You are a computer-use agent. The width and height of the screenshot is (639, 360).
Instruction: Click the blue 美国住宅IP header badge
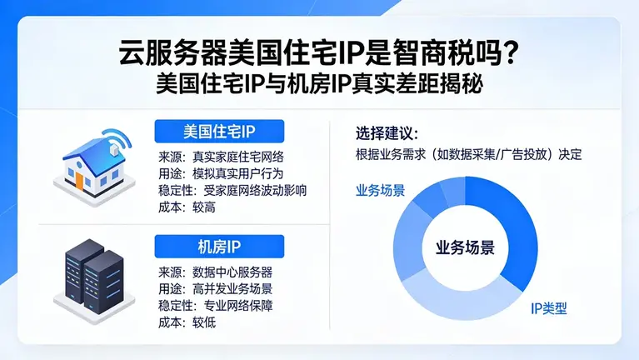click(x=219, y=132)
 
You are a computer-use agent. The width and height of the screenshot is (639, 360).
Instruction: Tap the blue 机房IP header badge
click(x=219, y=247)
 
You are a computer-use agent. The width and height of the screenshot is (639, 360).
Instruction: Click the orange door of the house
click(x=80, y=177)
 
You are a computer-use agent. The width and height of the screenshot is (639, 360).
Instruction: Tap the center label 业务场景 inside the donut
click(x=465, y=247)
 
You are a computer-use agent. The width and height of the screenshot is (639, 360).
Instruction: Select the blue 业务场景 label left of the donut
click(x=380, y=190)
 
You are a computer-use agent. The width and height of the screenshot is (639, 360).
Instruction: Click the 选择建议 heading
click(x=386, y=133)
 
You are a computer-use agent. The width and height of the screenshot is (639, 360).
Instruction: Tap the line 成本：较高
click(x=187, y=207)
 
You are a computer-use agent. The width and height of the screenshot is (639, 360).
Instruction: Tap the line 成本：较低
click(x=187, y=322)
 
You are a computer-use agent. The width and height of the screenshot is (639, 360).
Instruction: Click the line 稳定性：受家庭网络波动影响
click(x=232, y=190)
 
